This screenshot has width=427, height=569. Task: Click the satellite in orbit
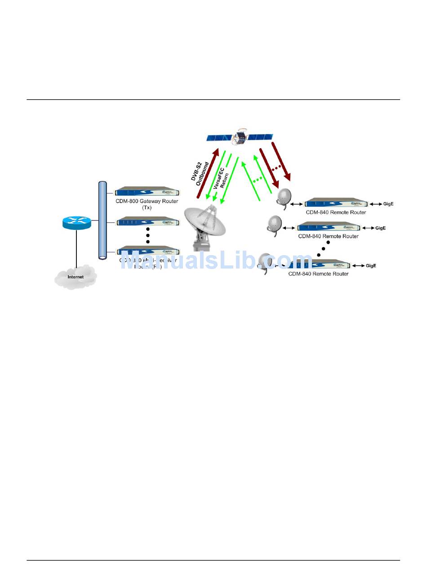[x=240, y=137]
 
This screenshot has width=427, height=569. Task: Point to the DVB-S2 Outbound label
[x=200, y=165]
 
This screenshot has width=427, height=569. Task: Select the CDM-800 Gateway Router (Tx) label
[x=147, y=204]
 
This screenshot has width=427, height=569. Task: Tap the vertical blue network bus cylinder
[x=102, y=220]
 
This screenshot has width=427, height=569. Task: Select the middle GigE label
[x=381, y=228]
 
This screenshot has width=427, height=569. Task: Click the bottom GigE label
[x=371, y=266]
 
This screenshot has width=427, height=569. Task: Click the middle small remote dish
[x=274, y=223]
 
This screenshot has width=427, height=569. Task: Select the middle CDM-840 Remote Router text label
[x=328, y=236]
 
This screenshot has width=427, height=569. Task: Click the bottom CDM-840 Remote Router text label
[x=318, y=273]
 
